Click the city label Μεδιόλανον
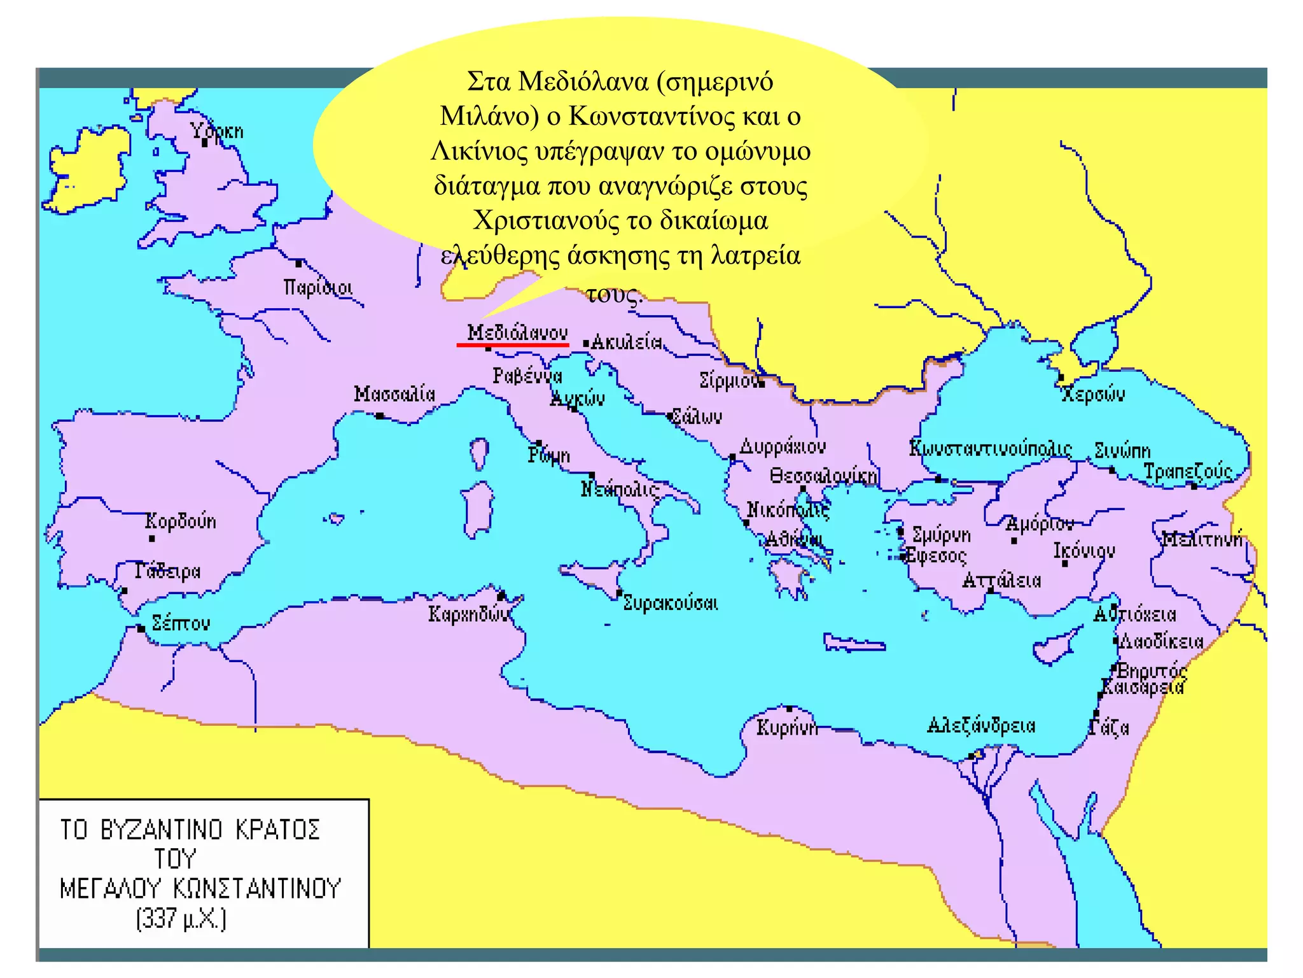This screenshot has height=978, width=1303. coord(517,332)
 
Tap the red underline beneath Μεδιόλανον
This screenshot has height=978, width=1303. coord(513,344)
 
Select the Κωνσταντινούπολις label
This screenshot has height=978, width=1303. coord(990,448)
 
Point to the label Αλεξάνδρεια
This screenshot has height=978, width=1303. coord(981,725)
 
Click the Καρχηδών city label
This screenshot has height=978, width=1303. coord(468,614)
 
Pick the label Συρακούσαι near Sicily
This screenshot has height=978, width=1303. coord(671,602)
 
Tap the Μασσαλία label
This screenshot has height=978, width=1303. coord(394,394)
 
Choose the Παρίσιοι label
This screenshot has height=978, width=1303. coord(318,288)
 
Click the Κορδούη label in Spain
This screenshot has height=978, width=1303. coord(181,521)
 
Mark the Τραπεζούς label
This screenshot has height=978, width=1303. coord(1188,472)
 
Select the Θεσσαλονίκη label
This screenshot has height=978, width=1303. coord(823,476)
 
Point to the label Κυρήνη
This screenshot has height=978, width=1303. coord(786,727)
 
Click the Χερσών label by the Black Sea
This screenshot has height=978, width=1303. coord(1093,394)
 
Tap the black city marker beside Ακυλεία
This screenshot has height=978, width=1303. coord(586,344)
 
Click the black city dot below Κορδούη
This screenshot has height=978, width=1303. coord(152,539)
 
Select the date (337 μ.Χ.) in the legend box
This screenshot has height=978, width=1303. coord(181,919)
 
